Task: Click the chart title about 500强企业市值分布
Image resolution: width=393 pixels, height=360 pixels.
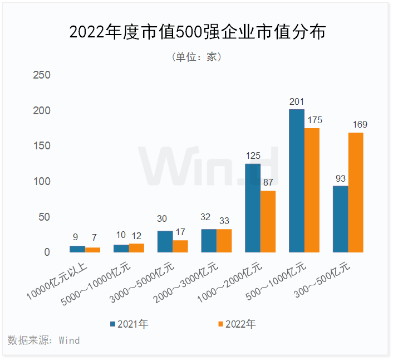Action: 196,32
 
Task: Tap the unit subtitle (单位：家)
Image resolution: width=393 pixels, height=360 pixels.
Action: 196,57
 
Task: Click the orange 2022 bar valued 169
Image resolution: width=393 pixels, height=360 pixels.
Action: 355,192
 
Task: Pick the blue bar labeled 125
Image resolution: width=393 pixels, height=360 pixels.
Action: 253,208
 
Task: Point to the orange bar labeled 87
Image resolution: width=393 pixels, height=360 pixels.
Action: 268,221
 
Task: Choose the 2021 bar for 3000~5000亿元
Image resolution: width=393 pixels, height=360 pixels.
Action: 165,241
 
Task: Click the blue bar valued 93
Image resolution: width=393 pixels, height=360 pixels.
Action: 340,219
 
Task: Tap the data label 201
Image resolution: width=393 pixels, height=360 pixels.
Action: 297,101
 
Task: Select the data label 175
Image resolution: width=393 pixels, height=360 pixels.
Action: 312,120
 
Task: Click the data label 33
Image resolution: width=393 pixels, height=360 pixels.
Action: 224,221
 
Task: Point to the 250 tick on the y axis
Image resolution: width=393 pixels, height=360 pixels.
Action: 42,75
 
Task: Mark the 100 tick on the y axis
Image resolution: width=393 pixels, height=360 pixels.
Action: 42,182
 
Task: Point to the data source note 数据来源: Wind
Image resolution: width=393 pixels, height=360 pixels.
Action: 44,340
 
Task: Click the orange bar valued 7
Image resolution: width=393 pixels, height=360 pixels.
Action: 92,250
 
